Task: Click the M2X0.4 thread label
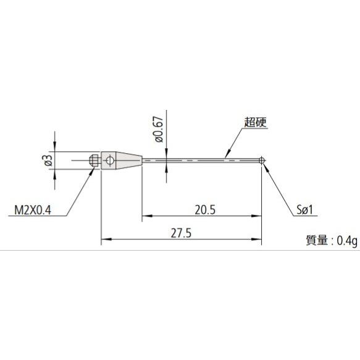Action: click(x=33, y=210)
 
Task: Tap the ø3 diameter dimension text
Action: click(x=49, y=161)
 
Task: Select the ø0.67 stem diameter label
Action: click(x=159, y=130)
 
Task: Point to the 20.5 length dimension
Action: click(x=205, y=210)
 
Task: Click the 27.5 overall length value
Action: click(x=181, y=233)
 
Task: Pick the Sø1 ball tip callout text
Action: click(x=304, y=210)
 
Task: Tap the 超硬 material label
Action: click(x=255, y=122)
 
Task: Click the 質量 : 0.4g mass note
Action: click(x=332, y=240)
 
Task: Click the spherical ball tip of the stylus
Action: click(x=262, y=161)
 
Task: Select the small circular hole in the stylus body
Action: click(x=109, y=161)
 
